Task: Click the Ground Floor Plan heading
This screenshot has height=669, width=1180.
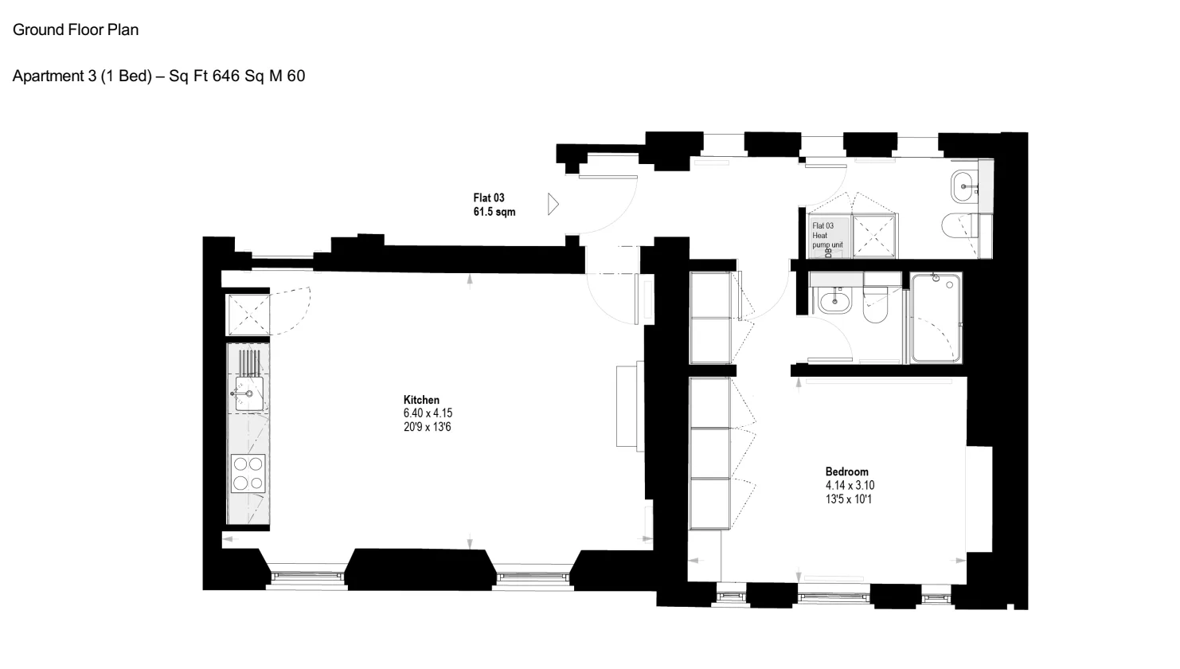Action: [76, 30]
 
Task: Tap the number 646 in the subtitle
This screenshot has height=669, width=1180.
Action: [226, 76]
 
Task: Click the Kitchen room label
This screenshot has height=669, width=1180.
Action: [421, 400]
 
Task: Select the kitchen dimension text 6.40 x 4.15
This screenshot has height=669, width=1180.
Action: [428, 413]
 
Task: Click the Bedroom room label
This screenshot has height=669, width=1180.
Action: [847, 471]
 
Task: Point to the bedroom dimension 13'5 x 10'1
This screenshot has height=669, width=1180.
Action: [849, 499]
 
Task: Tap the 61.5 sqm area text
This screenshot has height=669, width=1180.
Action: [494, 212]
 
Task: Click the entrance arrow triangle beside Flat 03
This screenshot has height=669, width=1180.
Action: [553, 205]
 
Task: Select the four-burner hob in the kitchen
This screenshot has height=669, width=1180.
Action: [248, 474]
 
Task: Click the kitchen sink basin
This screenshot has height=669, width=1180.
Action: [249, 393]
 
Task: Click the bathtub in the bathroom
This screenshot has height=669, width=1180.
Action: [936, 318]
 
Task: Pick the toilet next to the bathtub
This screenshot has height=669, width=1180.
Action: [876, 304]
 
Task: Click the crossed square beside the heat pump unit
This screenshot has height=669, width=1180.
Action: [874, 236]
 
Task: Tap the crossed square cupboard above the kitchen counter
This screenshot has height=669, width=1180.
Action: [248, 315]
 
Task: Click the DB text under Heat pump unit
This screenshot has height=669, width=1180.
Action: [828, 252]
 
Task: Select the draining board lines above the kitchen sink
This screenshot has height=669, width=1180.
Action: [250, 362]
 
